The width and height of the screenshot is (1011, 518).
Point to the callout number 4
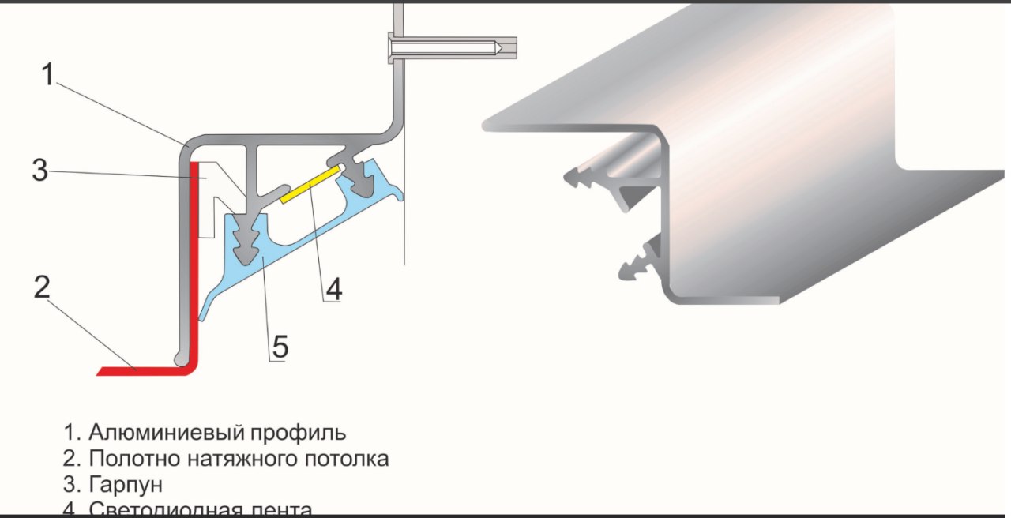tap(333, 289)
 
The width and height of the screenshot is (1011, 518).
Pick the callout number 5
tap(280, 347)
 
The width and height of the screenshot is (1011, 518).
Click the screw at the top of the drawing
tap(450, 47)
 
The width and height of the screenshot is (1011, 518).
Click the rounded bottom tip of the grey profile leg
tap(183, 358)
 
